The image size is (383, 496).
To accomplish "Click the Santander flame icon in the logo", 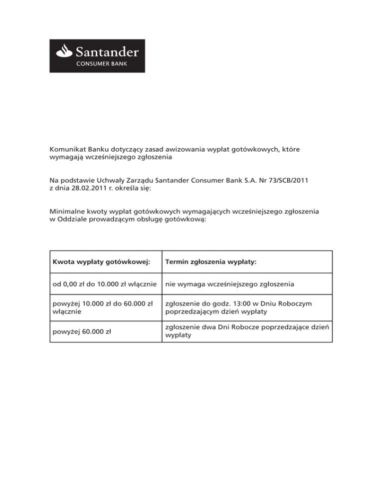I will tap(66, 51).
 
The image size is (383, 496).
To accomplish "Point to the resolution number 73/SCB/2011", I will tap(283, 180).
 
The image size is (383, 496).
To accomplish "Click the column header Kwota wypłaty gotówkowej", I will tap(101, 262).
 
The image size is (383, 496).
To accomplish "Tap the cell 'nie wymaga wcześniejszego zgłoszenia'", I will tap(229, 284).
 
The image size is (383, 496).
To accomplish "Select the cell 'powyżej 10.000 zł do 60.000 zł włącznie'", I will tap(102, 306).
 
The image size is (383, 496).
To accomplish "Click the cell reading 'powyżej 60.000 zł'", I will tap(80, 331).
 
